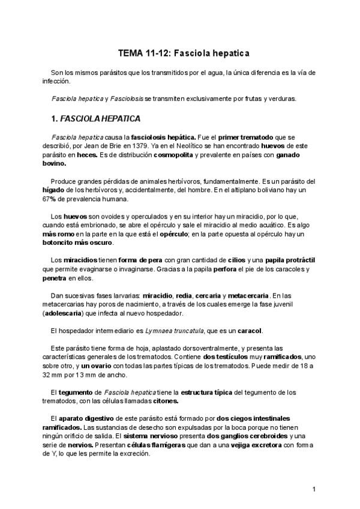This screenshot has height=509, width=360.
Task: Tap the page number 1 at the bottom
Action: point(314,489)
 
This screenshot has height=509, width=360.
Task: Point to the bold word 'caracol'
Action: point(248,331)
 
